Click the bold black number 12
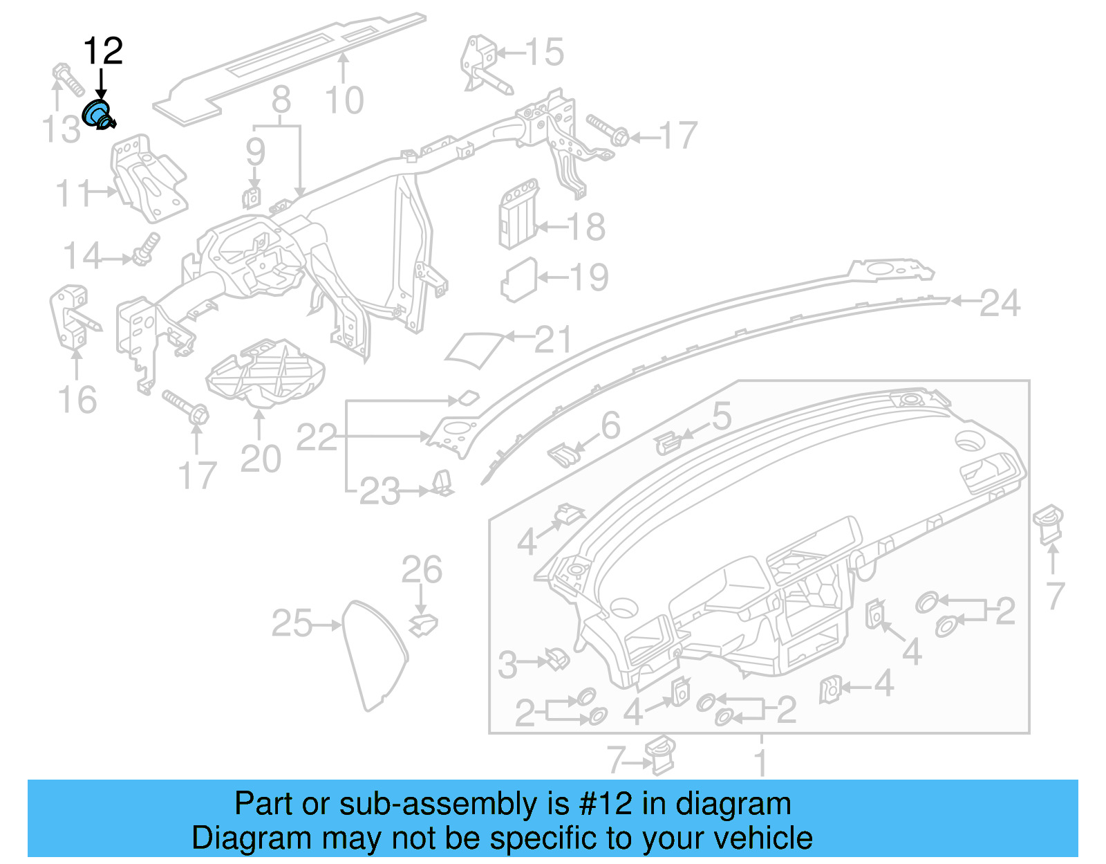click(x=103, y=51)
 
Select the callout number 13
click(x=61, y=129)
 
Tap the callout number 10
click(x=344, y=101)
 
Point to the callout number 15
click(x=544, y=52)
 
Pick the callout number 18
click(x=586, y=227)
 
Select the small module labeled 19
click(x=518, y=279)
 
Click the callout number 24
click(x=1000, y=303)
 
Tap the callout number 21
click(x=554, y=340)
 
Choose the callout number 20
click(x=261, y=459)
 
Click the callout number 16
click(x=77, y=400)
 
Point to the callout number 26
click(x=422, y=570)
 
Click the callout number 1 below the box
click(x=760, y=763)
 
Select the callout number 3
click(x=508, y=665)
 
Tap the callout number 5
click(x=721, y=416)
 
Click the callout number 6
click(x=610, y=425)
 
